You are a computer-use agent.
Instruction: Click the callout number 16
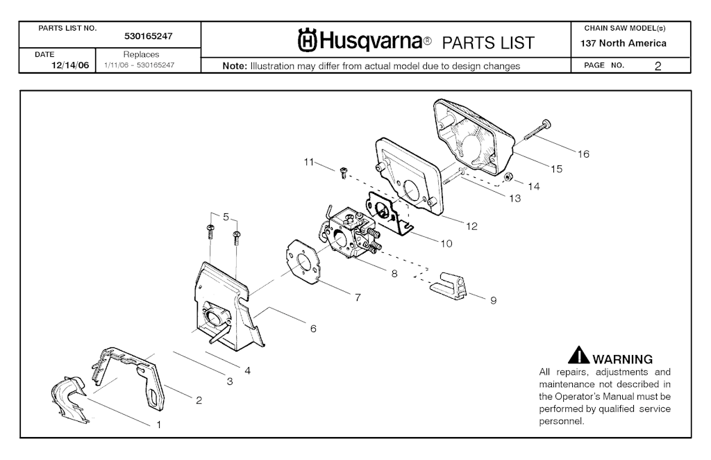point(583,154)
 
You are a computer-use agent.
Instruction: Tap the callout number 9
point(493,301)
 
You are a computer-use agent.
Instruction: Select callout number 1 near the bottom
point(158,424)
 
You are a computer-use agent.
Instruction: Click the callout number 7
point(357,297)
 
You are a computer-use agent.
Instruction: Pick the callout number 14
point(533,186)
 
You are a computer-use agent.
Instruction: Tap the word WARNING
point(623,359)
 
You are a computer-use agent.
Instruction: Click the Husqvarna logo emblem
point(308,42)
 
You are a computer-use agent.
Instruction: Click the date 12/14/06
point(69,65)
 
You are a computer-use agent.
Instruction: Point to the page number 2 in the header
point(657,66)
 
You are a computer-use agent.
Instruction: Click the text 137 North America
point(624,43)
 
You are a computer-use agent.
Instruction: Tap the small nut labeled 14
point(508,176)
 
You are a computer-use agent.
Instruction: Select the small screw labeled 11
point(343,173)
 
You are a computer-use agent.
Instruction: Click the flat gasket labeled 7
point(304,261)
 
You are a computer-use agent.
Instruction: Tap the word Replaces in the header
point(141,54)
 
